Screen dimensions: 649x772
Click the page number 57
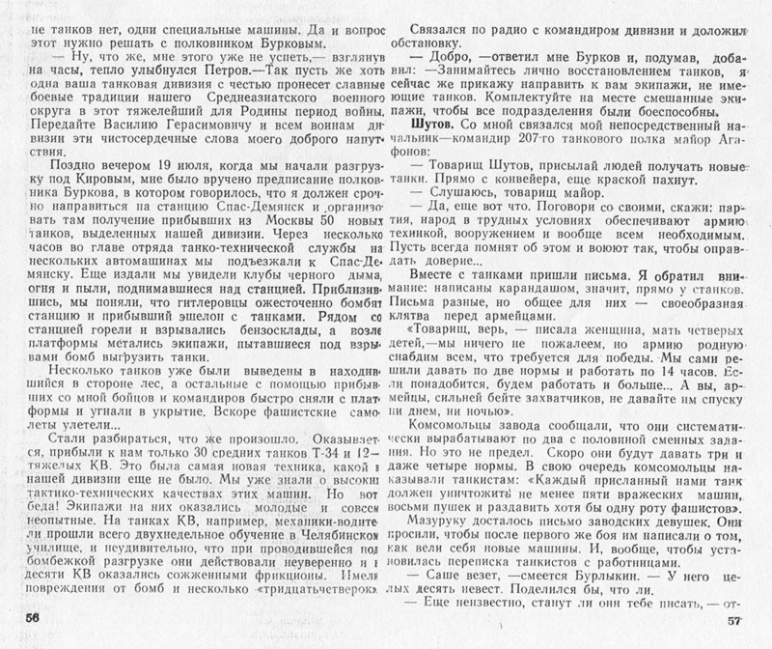tap(737, 622)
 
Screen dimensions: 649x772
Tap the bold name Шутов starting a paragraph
tap(432, 127)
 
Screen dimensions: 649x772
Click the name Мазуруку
tap(450, 522)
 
